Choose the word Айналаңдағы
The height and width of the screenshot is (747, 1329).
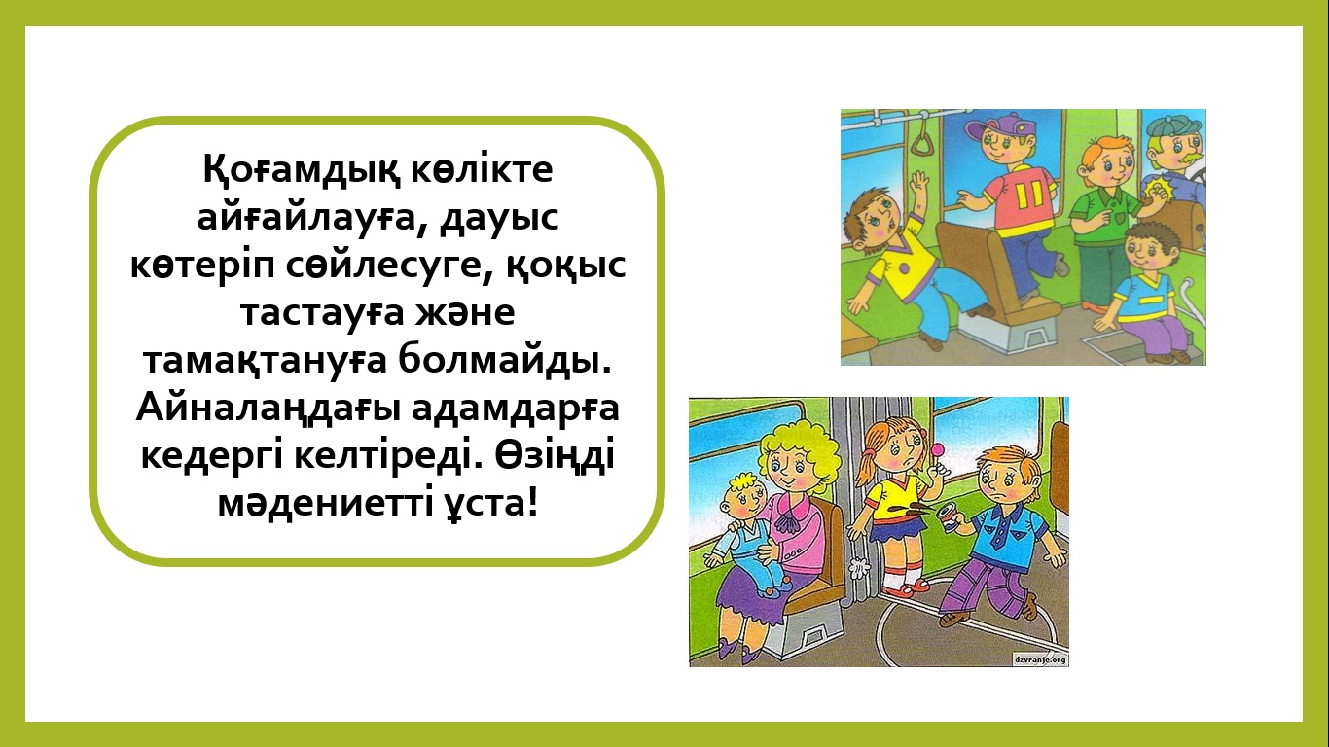coord(269,409)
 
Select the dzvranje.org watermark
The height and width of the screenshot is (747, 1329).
coord(1039,658)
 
